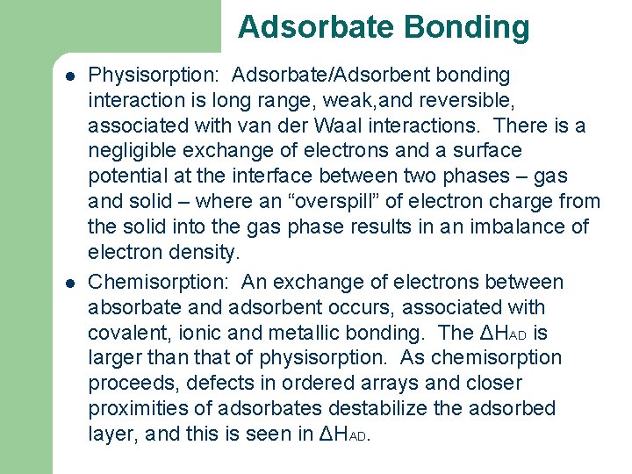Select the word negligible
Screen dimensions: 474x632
(x=133, y=152)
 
